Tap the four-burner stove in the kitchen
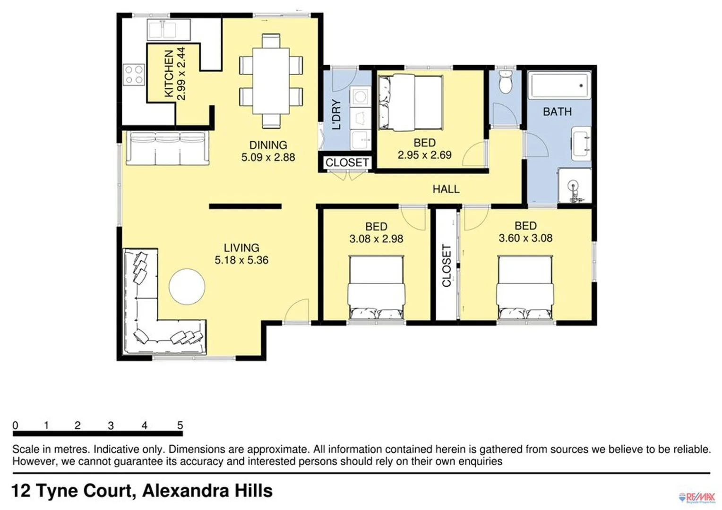[134, 75]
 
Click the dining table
[271, 81]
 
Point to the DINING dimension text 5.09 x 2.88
[268, 157]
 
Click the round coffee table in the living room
[187, 287]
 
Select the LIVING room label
[241, 247]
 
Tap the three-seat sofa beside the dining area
[168, 148]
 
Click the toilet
[506, 83]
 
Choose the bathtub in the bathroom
[559, 85]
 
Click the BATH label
[557, 112]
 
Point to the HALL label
[446, 189]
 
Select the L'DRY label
[336, 115]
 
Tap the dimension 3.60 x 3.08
[525, 238]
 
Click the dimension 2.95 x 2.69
[424, 155]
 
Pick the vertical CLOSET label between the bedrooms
[447, 265]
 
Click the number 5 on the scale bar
[180, 425]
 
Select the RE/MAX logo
[697, 497]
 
